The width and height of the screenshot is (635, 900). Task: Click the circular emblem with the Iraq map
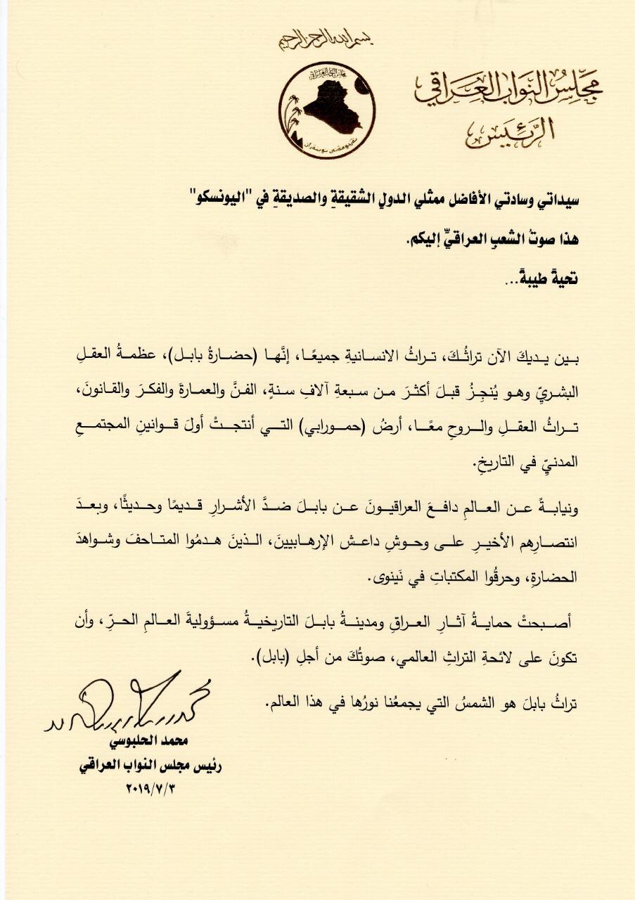coord(327,109)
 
